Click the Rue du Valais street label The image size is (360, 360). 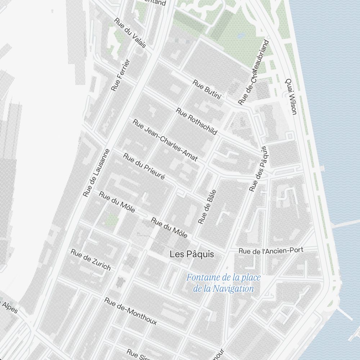pyautogui.click(x=130, y=33)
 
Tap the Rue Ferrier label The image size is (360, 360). pyautogui.click(x=120, y=75)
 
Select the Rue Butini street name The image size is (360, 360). pyautogui.click(x=206, y=89)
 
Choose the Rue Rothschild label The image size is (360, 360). pyautogui.click(x=197, y=121)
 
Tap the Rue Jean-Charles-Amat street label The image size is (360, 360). pyautogui.click(x=165, y=140)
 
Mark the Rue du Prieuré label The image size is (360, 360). pyautogui.click(x=144, y=167)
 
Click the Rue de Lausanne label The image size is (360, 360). pyautogui.click(x=96, y=173)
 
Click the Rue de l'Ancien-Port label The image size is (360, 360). pyautogui.click(x=271, y=250)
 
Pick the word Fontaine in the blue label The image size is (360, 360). pyautogui.click(x=203, y=278)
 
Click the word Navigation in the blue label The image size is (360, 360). pyautogui.click(x=233, y=289)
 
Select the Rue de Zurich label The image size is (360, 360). pyautogui.click(x=91, y=260)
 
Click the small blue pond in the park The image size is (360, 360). pyautogui.click(x=241, y=36)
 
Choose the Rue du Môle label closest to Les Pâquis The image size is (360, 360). pyautogui.click(x=169, y=228)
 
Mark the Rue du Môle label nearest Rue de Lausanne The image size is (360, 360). pyautogui.click(x=117, y=202)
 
